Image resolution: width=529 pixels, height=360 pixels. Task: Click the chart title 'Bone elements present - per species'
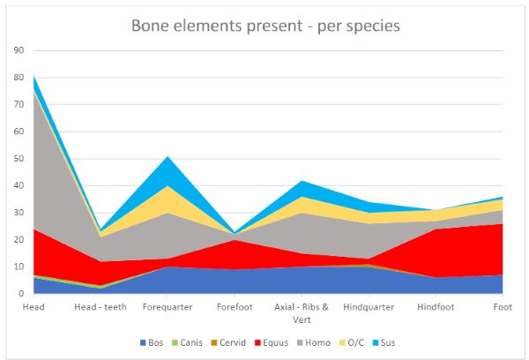pos(264,26)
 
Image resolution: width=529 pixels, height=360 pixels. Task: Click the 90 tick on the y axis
pos(18,50)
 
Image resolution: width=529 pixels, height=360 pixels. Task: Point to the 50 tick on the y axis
pos(18,158)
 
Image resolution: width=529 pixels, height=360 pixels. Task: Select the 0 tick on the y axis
pos(20,293)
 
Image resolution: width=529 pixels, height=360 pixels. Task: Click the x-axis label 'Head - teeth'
pos(101,307)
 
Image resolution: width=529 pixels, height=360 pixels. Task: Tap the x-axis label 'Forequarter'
pos(168,307)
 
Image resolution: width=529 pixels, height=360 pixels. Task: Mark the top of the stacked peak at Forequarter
pos(168,156)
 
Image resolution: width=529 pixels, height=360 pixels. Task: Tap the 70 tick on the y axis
pos(18,104)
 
